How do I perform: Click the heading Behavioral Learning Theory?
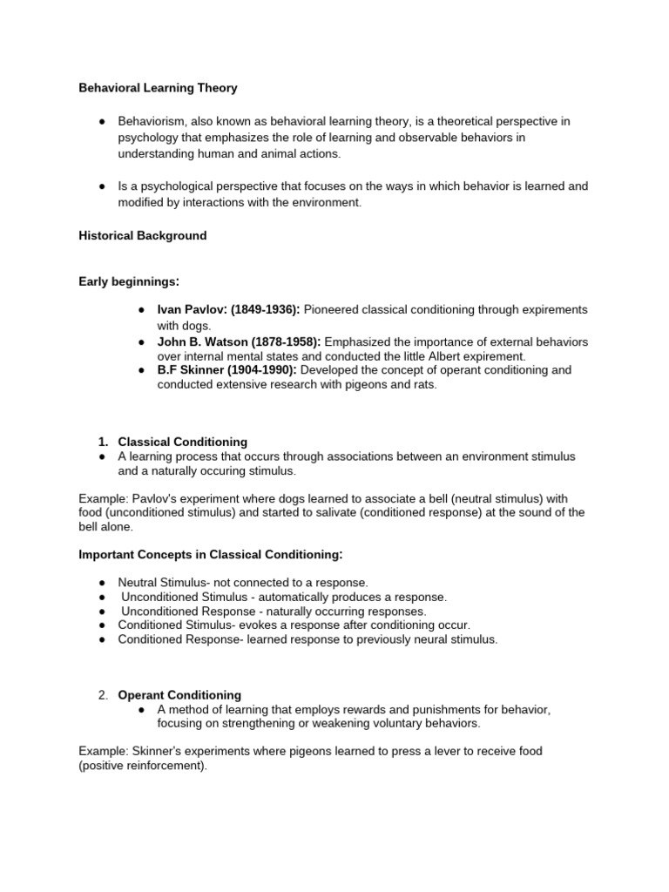tap(158, 88)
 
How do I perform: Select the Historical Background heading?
tap(142, 236)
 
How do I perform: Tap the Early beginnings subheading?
tap(129, 280)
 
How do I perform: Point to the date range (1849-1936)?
tap(265, 310)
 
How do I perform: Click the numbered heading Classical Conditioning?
tap(183, 443)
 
